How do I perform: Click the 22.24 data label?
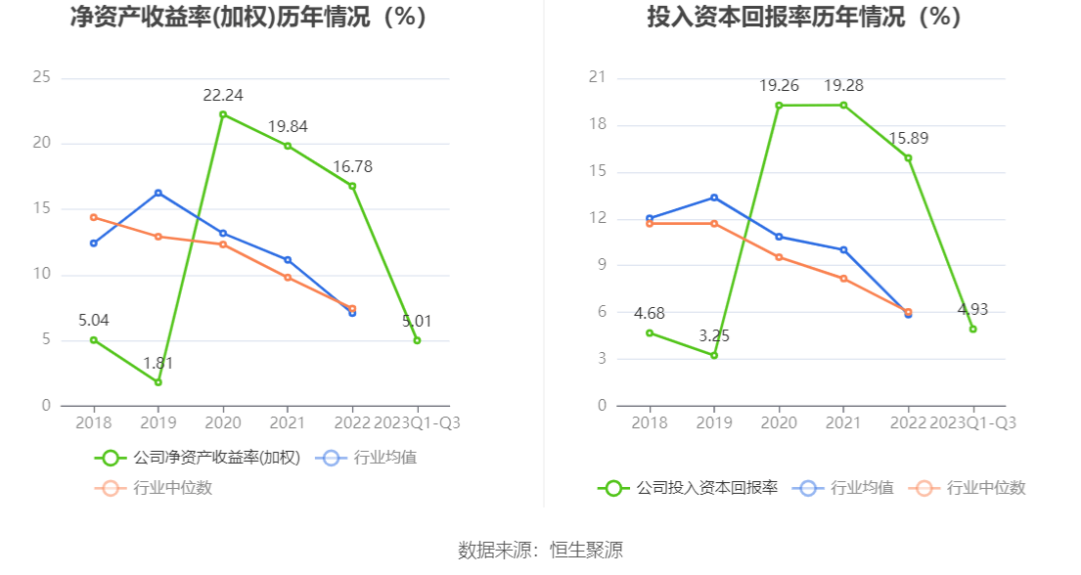223,96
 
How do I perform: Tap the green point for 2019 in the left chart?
158,382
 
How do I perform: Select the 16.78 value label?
352,167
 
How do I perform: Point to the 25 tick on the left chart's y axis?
41,77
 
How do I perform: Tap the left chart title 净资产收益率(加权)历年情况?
249,18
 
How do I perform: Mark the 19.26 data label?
779,86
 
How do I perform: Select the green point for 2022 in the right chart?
909,158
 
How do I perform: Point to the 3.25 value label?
714,336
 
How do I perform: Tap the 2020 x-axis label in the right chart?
779,422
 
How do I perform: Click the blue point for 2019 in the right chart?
714,198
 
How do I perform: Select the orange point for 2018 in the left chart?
93,217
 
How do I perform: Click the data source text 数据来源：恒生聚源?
540,550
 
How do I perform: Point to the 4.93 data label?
973,310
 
